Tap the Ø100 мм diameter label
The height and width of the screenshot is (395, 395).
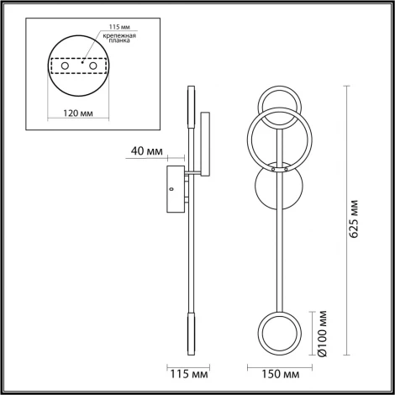pyautogui.click(x=323, y=333)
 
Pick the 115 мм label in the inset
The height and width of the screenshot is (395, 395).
pyautogui.click(x=107, y=27)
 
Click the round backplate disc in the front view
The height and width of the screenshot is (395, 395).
pyautogui.click(x=276, y=193)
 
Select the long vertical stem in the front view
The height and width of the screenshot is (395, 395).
pyautogui.click(x=276, y=252)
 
